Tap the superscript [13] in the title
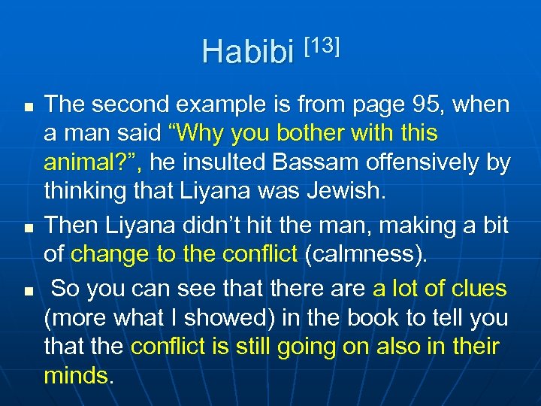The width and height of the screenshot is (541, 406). (322, 44)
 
